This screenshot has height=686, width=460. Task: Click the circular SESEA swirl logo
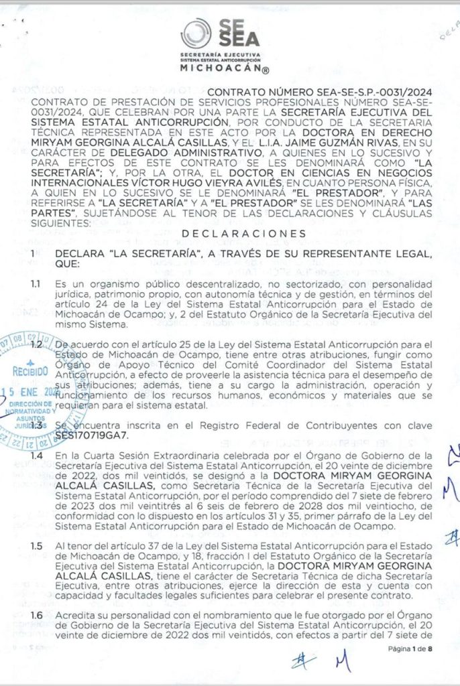(196, 33)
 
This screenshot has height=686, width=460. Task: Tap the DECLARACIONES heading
(247, 233)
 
